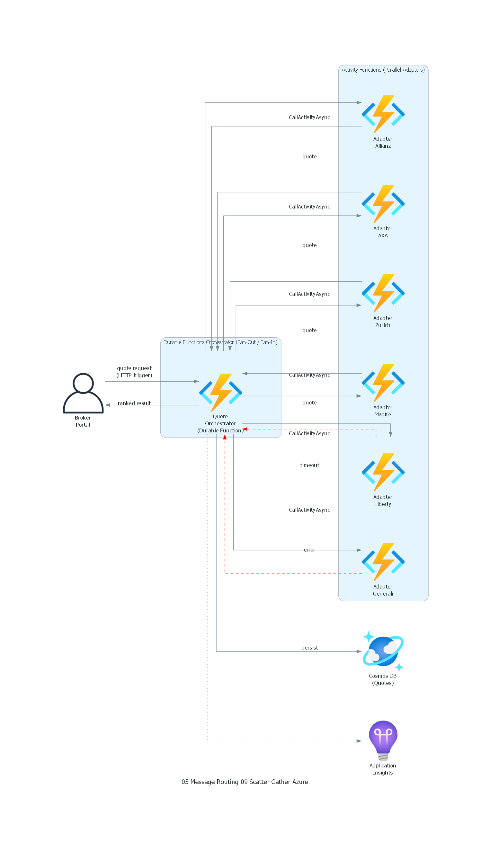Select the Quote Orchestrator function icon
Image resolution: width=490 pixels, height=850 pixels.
(220, 393)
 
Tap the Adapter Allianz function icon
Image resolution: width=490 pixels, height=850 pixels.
(383, 114)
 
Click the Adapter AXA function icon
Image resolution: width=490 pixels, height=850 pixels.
(383, 203)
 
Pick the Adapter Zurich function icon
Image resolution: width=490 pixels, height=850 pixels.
(383, 293)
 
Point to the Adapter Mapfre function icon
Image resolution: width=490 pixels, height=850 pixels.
(383, 383)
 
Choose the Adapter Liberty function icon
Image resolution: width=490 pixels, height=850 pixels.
(383, 472)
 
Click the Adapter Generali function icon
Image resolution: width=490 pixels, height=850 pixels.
(383, 562)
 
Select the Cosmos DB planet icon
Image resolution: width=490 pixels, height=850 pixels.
(383, 651)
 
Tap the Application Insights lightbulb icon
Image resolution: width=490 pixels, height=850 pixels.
(383, 740)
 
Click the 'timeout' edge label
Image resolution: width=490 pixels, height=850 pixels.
(310, 465)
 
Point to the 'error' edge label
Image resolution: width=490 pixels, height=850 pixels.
(309, 550)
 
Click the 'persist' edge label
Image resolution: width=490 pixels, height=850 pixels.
(310, 648)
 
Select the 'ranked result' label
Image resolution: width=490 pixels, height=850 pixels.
(134, 403)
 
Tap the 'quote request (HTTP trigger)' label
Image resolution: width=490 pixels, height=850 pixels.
(134, 372)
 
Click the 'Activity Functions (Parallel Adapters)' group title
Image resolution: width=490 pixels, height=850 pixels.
(383, 70)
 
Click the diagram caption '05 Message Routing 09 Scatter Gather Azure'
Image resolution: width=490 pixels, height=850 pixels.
(245, 782)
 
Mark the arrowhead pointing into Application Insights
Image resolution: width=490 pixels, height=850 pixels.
(359, 741)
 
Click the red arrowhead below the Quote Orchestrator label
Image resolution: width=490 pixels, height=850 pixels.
(225, 437)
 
